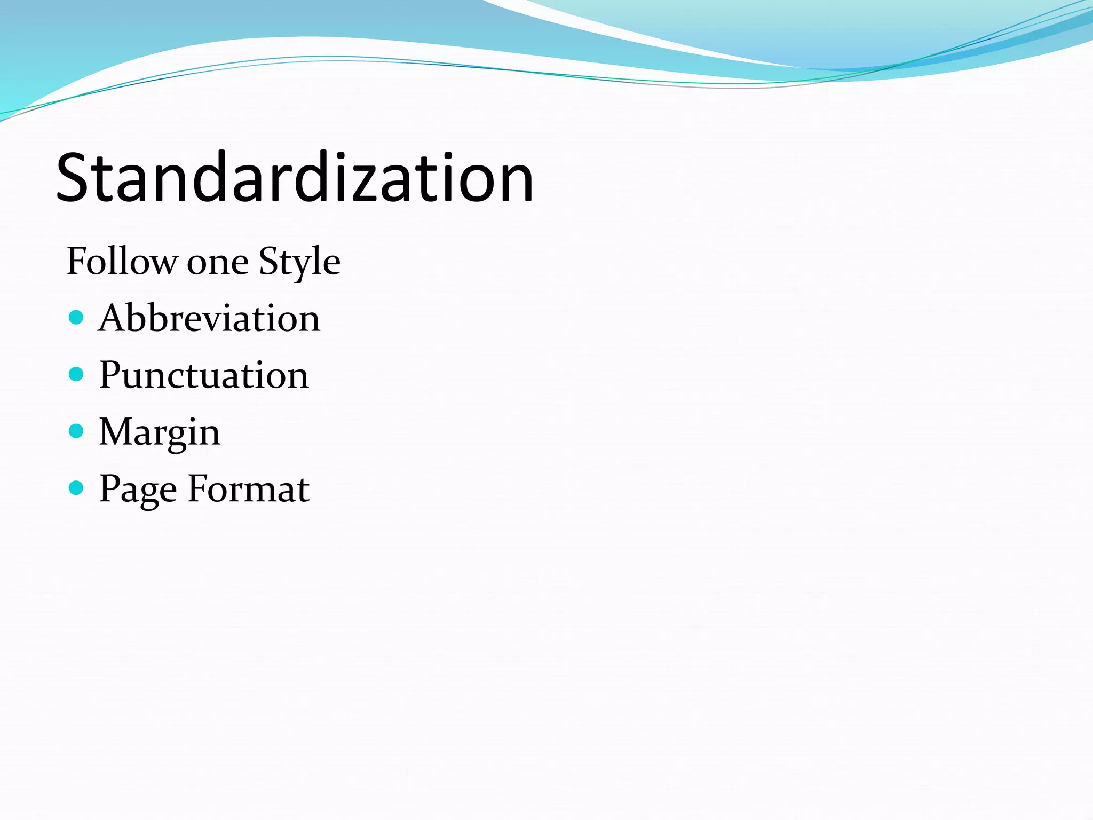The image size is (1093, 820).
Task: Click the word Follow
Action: tap(122, 262)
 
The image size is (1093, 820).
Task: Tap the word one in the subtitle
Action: tap(217, 263)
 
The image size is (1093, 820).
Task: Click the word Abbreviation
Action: tap(209, 318)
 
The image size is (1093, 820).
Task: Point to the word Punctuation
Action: tap(204, 375)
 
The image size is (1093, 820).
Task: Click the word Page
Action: tap(138, 490)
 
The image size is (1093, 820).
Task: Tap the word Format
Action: tap(249, 488)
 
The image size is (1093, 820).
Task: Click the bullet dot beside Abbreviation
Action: tap(77, 318)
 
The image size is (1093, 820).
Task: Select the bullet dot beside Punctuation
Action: tap(77, 374)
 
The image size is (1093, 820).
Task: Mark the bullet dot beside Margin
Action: tap(77, 431)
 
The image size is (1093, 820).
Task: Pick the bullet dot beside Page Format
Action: tap(77, 488)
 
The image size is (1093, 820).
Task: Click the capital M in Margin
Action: tap(116, 431)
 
